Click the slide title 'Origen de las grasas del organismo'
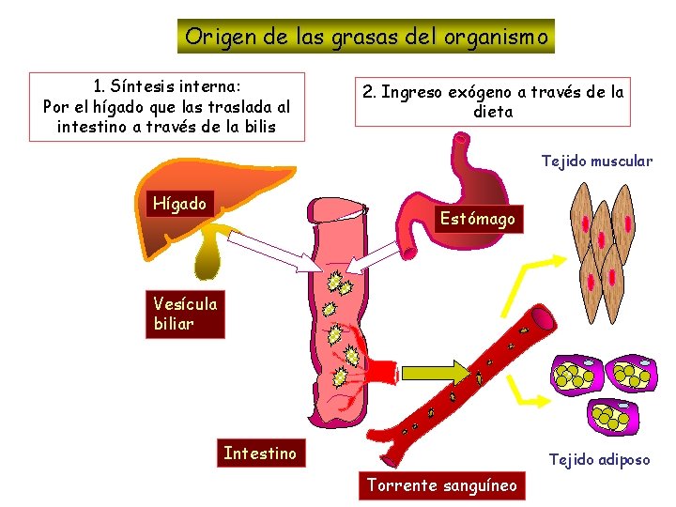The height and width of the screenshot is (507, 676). click(366, 37)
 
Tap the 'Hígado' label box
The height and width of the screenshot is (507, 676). click(180, 204)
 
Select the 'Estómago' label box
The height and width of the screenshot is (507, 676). click(478, 219)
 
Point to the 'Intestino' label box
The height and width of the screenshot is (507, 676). click(259, 453)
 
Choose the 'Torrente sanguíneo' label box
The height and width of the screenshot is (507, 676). click(442, 485)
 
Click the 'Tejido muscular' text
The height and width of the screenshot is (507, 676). click(596, 161)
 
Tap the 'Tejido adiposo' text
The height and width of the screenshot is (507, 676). click(599, 460)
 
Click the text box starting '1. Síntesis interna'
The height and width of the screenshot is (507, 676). click(167, 106)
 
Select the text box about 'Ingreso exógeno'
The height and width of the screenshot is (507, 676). click(494, 101)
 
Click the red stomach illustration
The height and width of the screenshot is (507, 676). click(441, 188)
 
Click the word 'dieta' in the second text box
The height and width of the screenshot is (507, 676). click(494, 112)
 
